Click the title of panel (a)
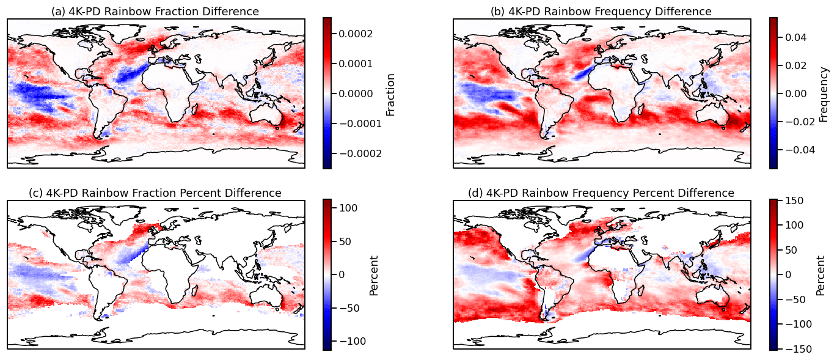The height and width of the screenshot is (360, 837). [x=155, y=12]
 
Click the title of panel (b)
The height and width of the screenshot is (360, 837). [x=601, y=12]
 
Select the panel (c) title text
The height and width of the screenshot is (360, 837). [x=155, y=193]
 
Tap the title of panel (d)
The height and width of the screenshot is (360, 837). [x=601, y=193]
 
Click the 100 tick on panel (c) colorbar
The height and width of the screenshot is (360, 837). [x=348, y=208]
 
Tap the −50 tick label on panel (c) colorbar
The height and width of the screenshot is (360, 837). [x=348, y=307]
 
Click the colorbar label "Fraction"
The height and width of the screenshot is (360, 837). [x=391, y=94]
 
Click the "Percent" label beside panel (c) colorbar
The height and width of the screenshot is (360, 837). [x=374, y=275]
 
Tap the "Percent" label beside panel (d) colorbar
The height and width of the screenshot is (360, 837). [x=820, y=275]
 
